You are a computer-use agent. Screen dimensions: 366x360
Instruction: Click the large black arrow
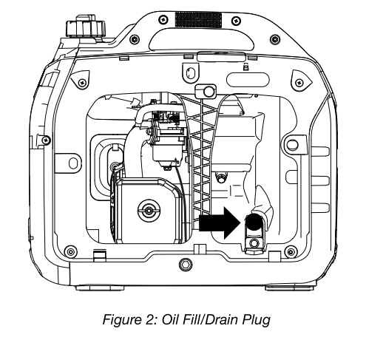click(220, 223)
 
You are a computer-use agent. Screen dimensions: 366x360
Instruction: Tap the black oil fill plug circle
click(254, 222)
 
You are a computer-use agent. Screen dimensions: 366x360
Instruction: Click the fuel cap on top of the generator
click(86, 27)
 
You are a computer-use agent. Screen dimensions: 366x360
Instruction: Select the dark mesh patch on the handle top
click(198, 19)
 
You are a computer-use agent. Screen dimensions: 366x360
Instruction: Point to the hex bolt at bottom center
click(186, 265)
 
